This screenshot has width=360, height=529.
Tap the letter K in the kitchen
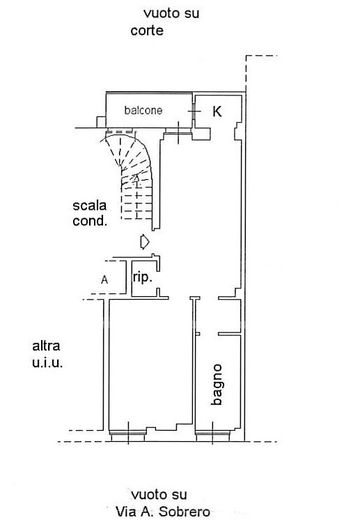coord(217,112)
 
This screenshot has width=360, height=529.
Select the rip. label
coord(143,277)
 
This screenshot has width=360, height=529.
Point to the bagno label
coord(218,384)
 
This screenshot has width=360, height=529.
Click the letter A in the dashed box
coord(104,279)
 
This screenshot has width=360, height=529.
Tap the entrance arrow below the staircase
coord(143,242)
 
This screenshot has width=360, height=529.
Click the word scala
coord(90,206)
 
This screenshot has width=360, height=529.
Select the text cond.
coord(91,222)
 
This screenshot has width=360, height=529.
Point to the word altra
coord(47,346)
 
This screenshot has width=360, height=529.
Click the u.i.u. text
coord(47,362)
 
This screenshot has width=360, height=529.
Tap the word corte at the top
coord(147,31)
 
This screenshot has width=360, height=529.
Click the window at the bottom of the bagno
coord(214,436)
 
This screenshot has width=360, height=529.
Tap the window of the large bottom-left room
coord(130,436)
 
